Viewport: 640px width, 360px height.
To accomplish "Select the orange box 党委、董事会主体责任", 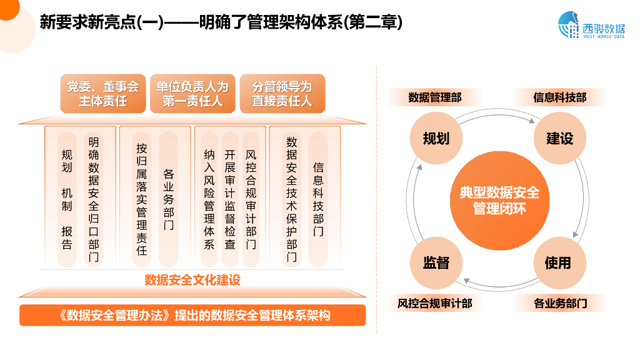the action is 102,94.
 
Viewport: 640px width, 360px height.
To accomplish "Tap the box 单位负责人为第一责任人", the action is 192,94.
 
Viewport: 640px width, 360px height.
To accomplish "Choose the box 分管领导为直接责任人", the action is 282,94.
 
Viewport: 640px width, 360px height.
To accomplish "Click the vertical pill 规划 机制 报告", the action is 67,199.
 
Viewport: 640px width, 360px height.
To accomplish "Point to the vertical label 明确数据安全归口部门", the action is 94,199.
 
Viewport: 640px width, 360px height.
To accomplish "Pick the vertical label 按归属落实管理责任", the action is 142,199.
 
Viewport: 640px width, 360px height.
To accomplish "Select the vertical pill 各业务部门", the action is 169,199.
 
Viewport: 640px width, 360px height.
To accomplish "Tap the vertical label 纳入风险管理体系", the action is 209,199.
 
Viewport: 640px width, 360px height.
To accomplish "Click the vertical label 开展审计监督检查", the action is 230,199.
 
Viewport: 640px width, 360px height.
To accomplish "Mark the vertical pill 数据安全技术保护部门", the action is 292,199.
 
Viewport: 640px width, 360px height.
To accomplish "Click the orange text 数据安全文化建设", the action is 192,279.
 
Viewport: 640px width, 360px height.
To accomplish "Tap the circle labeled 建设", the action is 559,138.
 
